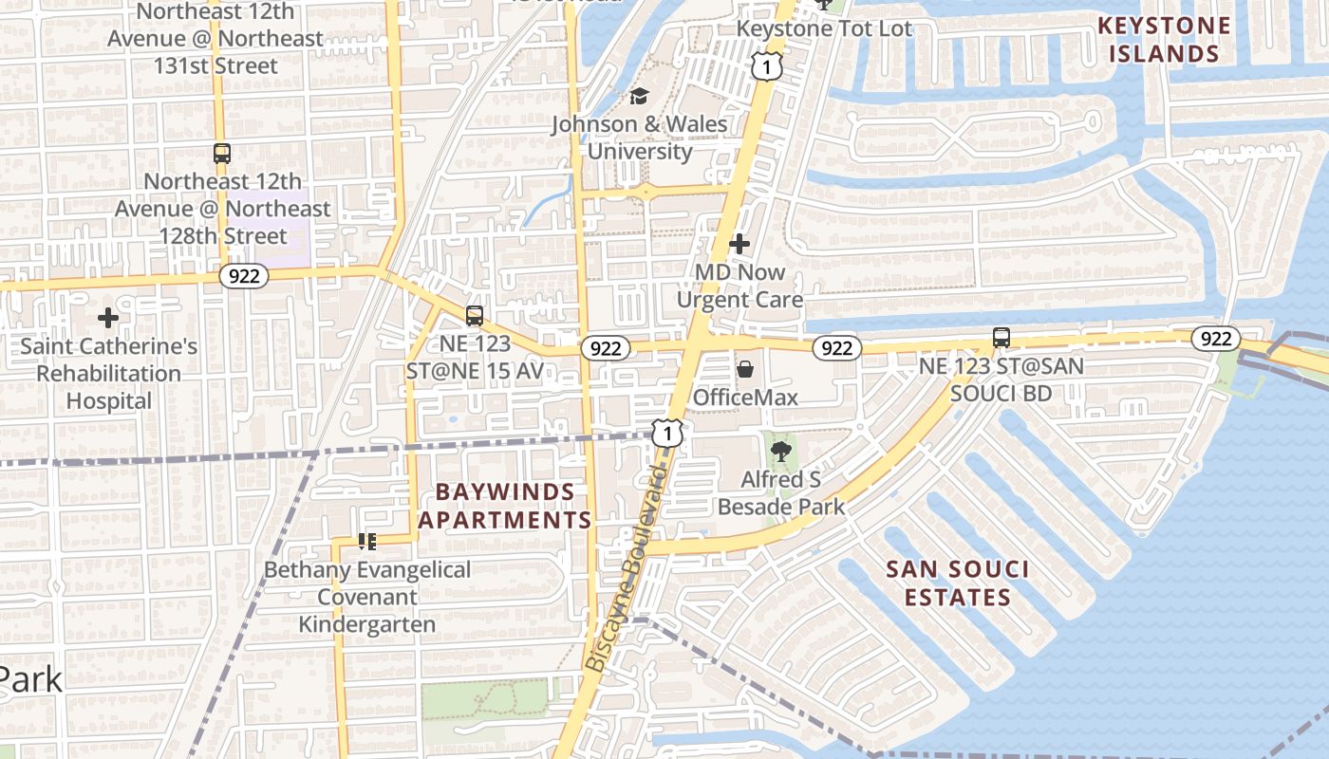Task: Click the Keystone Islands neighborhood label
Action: (1164, 40)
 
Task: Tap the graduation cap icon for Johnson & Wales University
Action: (639, 97)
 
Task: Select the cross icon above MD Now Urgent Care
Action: (739, 244)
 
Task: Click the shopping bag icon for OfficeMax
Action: (746, 368)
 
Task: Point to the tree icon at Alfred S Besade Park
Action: (780, 452)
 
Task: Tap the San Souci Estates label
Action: (957, 583)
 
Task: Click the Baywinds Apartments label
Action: (505, 507)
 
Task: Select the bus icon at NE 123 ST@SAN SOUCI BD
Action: (1001, 337)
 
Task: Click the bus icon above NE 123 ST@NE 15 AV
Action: (475, 316)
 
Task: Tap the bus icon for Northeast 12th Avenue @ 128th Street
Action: (222, 153)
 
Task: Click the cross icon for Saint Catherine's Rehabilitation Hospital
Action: (108, 318)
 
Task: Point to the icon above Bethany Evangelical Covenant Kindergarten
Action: (367, 542)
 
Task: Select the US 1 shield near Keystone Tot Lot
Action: (766, 65)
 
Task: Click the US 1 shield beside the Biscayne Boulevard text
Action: (668, 434)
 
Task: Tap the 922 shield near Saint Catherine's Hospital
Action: (244, 276)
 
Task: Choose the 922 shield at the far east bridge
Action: (1215, 339)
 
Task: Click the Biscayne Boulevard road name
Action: (627, 569)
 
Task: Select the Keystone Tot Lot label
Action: (825, 28)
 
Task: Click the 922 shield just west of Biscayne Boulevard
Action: (605, 348)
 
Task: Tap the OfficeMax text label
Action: (745, 397)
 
